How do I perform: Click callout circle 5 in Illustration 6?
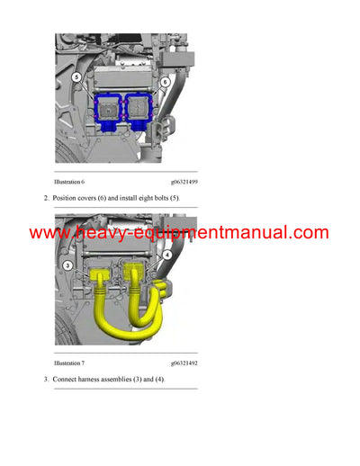(x=76, y=78)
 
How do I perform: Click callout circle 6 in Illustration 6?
(x=166, y=82)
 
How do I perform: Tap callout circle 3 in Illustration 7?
(x=69, y=266)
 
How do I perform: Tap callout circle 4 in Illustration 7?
(x=166, y=255)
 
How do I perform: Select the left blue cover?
(x=109, y=111)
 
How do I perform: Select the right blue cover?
(x=141, y=110)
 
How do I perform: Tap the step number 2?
(x=46, y=198)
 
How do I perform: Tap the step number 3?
(x=46, y=380)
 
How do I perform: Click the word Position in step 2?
(x=67, y=198)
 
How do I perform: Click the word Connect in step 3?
(x=67, y=380)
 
